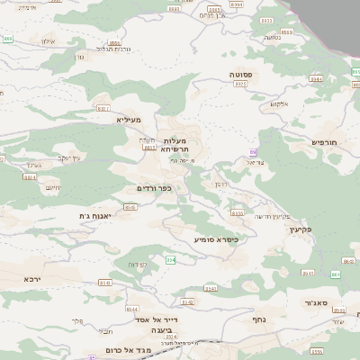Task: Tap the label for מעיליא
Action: coord(130,119)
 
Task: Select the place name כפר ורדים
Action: coord(153,188)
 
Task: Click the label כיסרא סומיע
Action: coord(216,239)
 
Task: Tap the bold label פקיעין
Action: coord(300,229)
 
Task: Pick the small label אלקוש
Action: coord(280,104)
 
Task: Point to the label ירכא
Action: coord(33,280)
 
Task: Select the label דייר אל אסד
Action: coord(157,319)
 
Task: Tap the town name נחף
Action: coord(259,319)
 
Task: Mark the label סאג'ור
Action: coord(316,302)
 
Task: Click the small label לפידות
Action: coord(139,264)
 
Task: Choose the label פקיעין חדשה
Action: coord(272,216)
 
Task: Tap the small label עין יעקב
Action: coord(70,158)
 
